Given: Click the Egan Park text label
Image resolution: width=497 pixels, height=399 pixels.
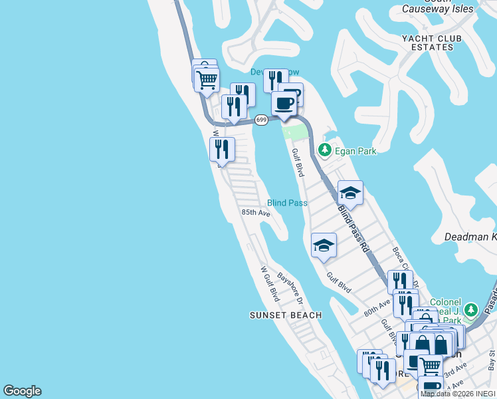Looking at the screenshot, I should (x=355, y=151).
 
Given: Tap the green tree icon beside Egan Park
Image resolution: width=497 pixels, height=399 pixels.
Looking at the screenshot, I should (x=325, y=150).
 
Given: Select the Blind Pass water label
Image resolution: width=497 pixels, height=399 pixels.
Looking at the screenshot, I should (x=287, y=203).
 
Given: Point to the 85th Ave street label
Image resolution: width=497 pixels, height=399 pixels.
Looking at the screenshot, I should (x=256, y=213).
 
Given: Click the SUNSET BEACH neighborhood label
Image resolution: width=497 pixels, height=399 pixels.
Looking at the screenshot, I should (x=286, y=315).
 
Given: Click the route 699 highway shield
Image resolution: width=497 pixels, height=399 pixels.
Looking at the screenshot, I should (x=261, y=120).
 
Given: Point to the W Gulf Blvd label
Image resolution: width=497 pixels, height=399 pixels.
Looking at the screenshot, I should (x=269, y=283).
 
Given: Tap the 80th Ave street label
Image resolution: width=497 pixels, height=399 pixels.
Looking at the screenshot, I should (x=377, y=307).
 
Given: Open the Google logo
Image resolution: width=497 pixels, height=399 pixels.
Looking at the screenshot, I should (x=22, y=391).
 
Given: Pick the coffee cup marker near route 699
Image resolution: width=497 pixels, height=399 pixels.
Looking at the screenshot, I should (x=284, y=104).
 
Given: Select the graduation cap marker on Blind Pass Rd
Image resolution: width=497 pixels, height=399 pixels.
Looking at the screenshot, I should (x=350, y=194).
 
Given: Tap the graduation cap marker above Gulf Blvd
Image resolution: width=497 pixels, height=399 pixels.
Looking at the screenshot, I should (x=324, y=245).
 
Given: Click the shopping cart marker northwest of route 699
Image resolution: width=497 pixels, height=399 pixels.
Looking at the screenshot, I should (x=207, y=80).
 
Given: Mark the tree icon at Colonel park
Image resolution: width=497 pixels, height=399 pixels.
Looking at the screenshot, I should (x=471, y=310).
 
